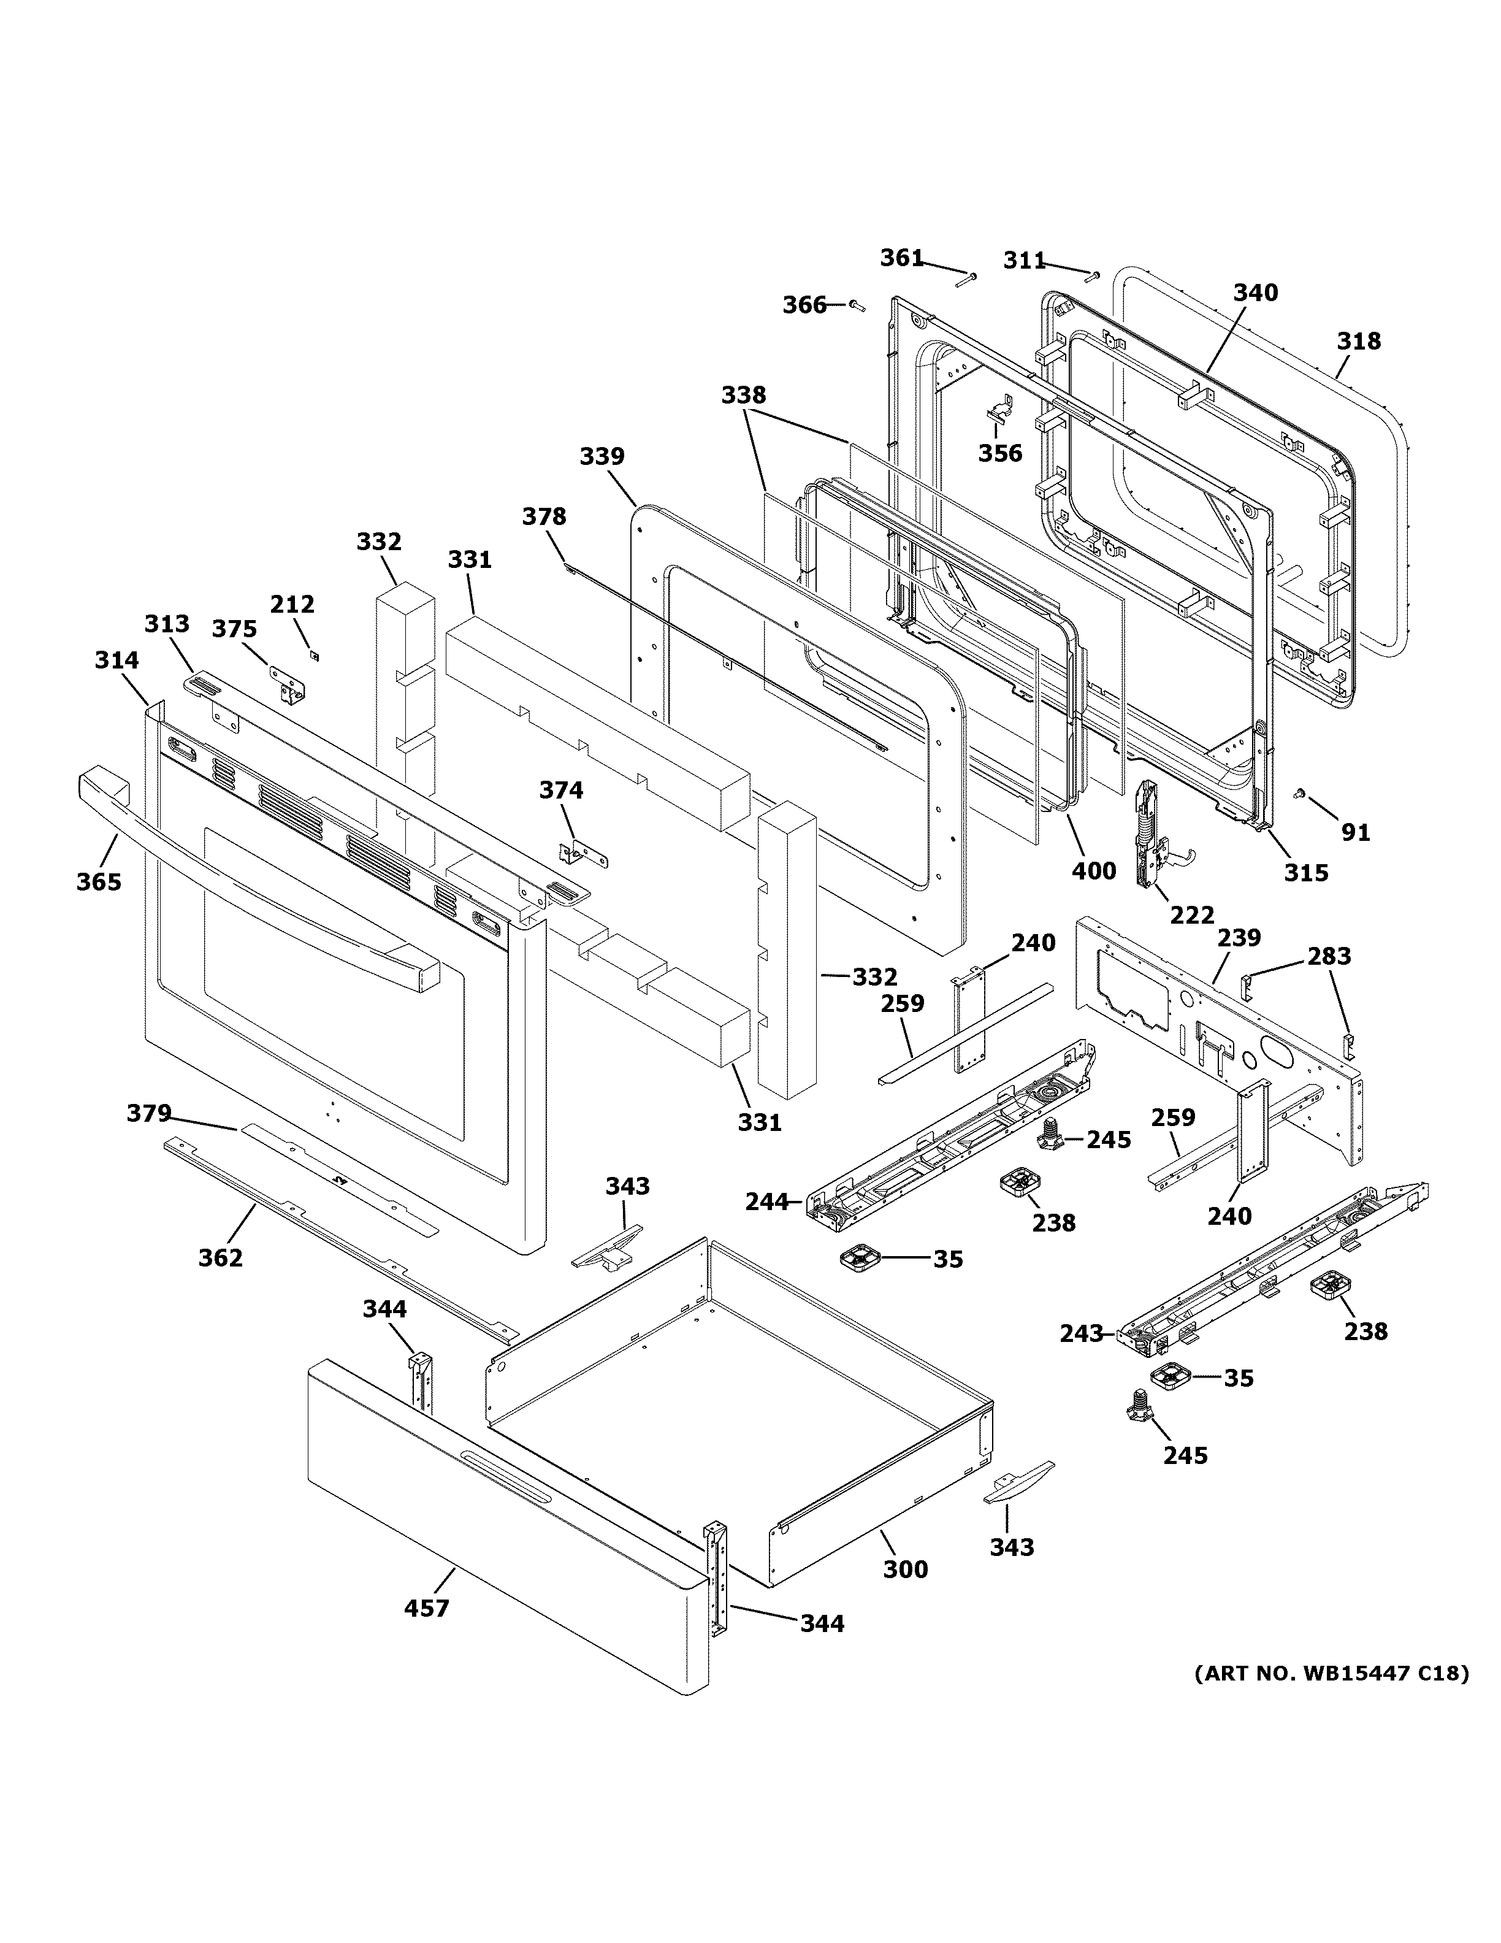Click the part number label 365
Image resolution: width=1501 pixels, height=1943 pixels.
[x=99, y=881]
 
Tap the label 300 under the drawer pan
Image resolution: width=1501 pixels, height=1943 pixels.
[x=905, y=1569]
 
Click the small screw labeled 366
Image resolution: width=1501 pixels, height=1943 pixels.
[x=857, y=305]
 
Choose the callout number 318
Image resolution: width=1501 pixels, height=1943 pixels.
[x=1359, y=341]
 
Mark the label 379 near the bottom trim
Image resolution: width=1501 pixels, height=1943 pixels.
[x=148, y=1113]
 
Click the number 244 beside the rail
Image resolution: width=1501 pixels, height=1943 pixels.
[x=766, y=1202]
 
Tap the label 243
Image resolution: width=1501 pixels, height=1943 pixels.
[x=1081, y=1359]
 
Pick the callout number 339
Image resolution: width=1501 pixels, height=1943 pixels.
[x=602, y=456]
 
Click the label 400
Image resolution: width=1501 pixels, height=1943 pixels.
[x=1093, y=870]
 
